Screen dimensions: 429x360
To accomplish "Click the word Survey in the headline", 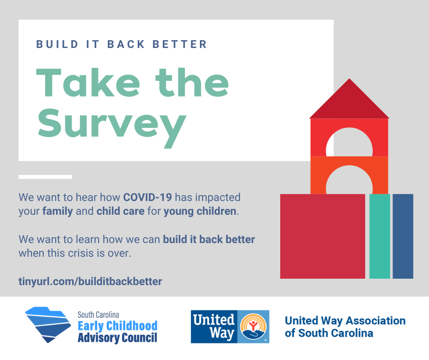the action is click(112, 127).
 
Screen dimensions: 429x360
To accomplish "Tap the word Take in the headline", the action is click(88, 83).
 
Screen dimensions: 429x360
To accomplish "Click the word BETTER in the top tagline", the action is click(180, 44).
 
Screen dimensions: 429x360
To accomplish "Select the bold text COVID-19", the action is click(147, 197).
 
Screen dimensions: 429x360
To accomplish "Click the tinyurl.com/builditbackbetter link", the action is click(90, 281).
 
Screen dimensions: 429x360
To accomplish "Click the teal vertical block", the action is click(380, 236).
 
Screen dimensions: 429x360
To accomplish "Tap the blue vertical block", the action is click(403, 236).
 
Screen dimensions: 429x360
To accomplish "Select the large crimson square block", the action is click(323, 236).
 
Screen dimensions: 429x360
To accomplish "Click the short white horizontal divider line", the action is click(46, 177).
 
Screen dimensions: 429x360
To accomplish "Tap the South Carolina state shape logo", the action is click(48, 324).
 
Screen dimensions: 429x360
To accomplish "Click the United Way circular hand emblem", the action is click(253, 327).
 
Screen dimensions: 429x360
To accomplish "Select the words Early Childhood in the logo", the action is click(118, 326).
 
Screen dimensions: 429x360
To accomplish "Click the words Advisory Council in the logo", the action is click(118, 338).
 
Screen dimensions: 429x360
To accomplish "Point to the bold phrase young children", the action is click(200, 212).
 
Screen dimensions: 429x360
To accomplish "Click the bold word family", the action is click(58, 212).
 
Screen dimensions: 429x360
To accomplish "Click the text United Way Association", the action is click(345, 321).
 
